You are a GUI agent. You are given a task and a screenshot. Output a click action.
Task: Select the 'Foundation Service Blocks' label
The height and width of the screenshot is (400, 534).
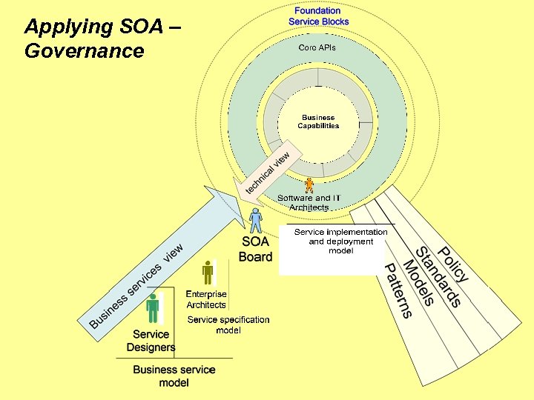(318, 16)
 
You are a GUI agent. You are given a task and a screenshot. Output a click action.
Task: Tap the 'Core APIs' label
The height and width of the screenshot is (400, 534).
(317, 47)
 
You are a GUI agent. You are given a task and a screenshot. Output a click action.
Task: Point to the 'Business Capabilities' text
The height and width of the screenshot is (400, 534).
(318, 121)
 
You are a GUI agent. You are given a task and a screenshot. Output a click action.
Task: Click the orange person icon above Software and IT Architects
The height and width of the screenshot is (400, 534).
(309, 185)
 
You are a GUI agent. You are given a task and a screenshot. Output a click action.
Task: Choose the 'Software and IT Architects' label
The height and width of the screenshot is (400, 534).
(309, 203)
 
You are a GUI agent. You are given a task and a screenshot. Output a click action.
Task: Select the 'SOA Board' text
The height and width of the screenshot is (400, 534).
(255, 250)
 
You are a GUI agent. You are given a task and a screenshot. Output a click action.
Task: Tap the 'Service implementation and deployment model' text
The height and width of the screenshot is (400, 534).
(340, 241)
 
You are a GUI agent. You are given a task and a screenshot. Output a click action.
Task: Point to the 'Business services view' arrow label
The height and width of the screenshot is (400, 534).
(136, 285)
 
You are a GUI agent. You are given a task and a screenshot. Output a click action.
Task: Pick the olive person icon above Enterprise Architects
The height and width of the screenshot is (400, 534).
(208, 273)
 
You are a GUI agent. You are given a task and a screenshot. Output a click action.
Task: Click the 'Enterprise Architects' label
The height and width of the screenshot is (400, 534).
(206, 299)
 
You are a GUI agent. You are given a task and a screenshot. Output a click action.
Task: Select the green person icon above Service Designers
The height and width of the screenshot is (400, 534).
(153, 307)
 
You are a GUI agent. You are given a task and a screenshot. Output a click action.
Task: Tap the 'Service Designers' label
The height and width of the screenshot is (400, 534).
(151, 341)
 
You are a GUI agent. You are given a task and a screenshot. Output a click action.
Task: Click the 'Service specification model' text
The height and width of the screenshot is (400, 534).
(228, 324)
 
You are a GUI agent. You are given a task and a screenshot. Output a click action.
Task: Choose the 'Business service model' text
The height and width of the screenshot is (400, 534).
(174, 376)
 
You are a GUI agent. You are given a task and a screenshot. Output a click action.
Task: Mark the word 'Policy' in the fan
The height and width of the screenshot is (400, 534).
(452, 264)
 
